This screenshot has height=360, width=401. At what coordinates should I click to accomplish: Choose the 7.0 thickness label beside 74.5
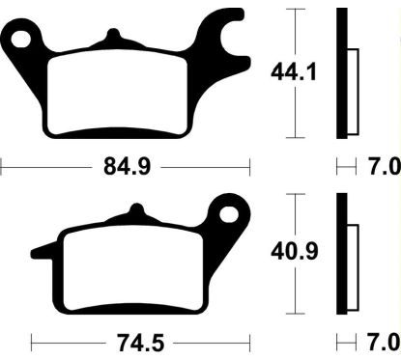[384, 342]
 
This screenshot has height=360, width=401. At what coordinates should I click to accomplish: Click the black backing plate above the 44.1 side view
[341, 72]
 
